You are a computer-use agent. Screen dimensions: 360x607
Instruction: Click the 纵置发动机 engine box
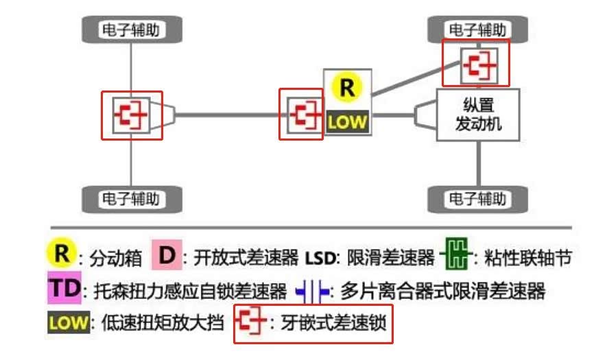pyautogui.click(x=477, y=115)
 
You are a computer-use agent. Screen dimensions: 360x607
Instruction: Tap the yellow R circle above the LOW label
pyautogui.click(x=348, y=88)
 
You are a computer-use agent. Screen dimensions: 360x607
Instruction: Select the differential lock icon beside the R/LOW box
pyautogui.click(x=301, y=114)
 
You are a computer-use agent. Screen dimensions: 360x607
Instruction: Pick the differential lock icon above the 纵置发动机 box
pyautogui.click(x=475, y=62)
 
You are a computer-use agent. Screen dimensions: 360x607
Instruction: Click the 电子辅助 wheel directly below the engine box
pyautogui.click(x=477, y=199)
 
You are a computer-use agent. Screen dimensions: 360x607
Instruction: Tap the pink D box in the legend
pyautogui.click(x=167, y=255)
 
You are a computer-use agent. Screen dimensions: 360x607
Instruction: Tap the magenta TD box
pyautogui.click(x=64, y=288)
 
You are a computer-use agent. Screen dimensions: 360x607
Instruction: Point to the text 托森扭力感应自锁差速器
pyautogui.click(x=188, y=291)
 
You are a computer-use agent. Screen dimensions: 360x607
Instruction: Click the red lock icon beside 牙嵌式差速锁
pyautogui.click(x=251, y=322)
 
